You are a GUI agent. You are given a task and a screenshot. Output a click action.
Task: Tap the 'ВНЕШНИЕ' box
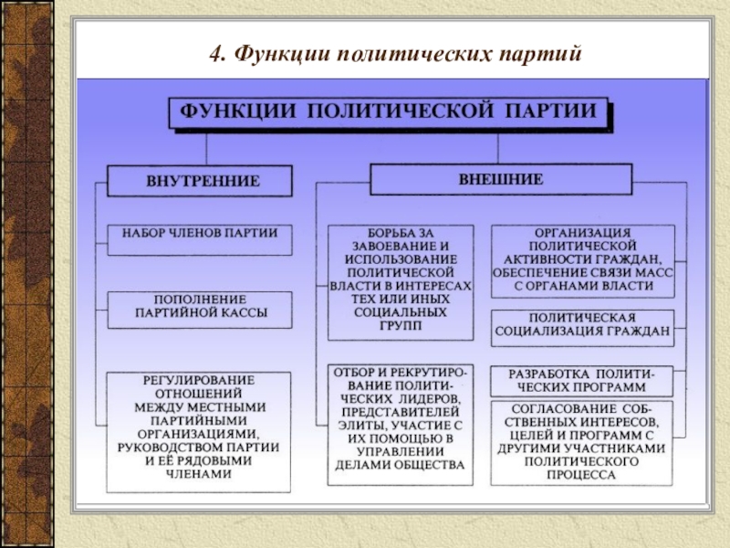tap(499, 179)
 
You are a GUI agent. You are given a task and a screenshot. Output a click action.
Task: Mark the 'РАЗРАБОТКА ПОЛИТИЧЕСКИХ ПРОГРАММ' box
tap(581, 381)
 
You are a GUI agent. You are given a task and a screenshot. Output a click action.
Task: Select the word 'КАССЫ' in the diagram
tap(244, 316)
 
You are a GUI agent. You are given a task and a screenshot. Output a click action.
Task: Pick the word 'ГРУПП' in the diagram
tap(399, 325)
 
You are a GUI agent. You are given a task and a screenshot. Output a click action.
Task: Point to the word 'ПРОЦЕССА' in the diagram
tap(581, 478)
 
